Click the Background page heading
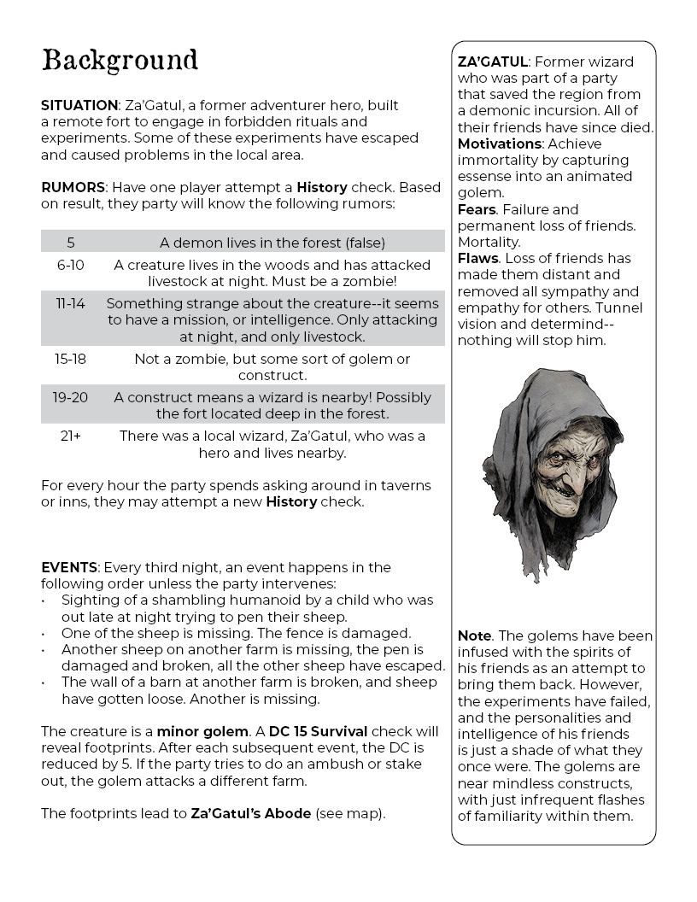(120, 60)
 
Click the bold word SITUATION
(79, 105)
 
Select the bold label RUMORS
(73, 186)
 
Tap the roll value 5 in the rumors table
(71, 243)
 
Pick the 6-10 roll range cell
(71, 265)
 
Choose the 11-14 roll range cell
(71, 303)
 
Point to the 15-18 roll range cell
(71, 359)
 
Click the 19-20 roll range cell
(71, 397)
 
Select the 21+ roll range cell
(71, 436)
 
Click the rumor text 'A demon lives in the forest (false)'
(272, 243)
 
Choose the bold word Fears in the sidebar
(477, 209)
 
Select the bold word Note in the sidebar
(474, 635)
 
